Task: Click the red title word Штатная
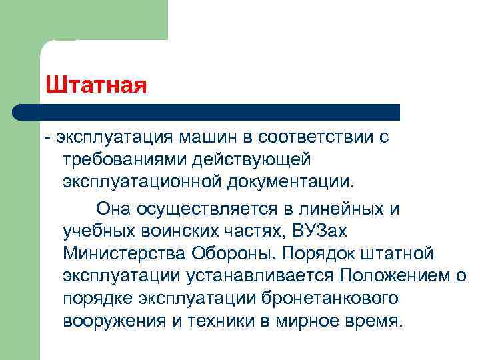tap(96, 85)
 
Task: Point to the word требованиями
tap(121, 160)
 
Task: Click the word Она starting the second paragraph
tap(114, 208)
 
